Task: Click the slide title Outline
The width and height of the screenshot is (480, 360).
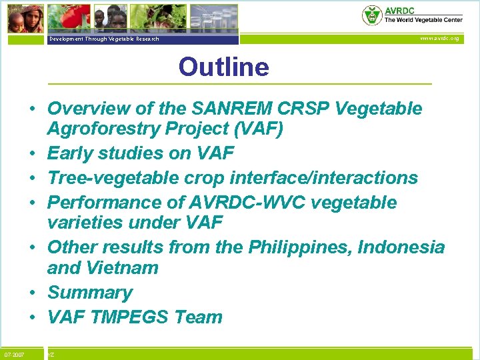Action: (223, 67)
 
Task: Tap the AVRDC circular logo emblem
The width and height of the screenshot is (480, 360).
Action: (371, 15)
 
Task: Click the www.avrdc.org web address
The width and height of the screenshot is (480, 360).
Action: (439, 39)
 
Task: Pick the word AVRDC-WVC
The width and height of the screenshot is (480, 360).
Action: (236, 202)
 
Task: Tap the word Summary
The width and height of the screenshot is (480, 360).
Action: (90, 293)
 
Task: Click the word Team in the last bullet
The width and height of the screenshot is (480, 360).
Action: (199, 317)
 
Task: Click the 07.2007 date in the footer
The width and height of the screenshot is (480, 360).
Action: (14, 354)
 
